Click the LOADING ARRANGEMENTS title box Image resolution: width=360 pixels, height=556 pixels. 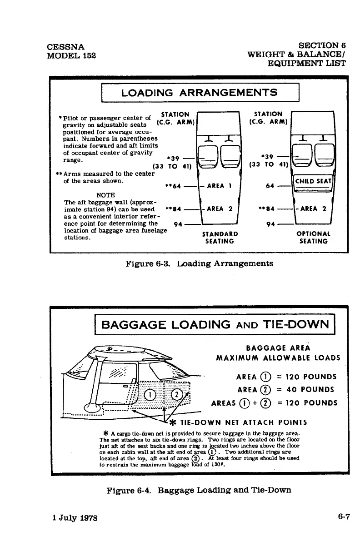coord(200,93)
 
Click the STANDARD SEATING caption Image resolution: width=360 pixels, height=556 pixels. coord(219,238)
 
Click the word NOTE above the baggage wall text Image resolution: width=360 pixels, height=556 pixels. coord(105,195)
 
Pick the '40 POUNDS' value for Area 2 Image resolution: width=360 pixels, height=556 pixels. coord(314,389)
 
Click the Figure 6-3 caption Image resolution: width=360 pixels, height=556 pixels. coord(199,263)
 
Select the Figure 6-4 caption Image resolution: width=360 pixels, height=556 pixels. coord(199,490)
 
